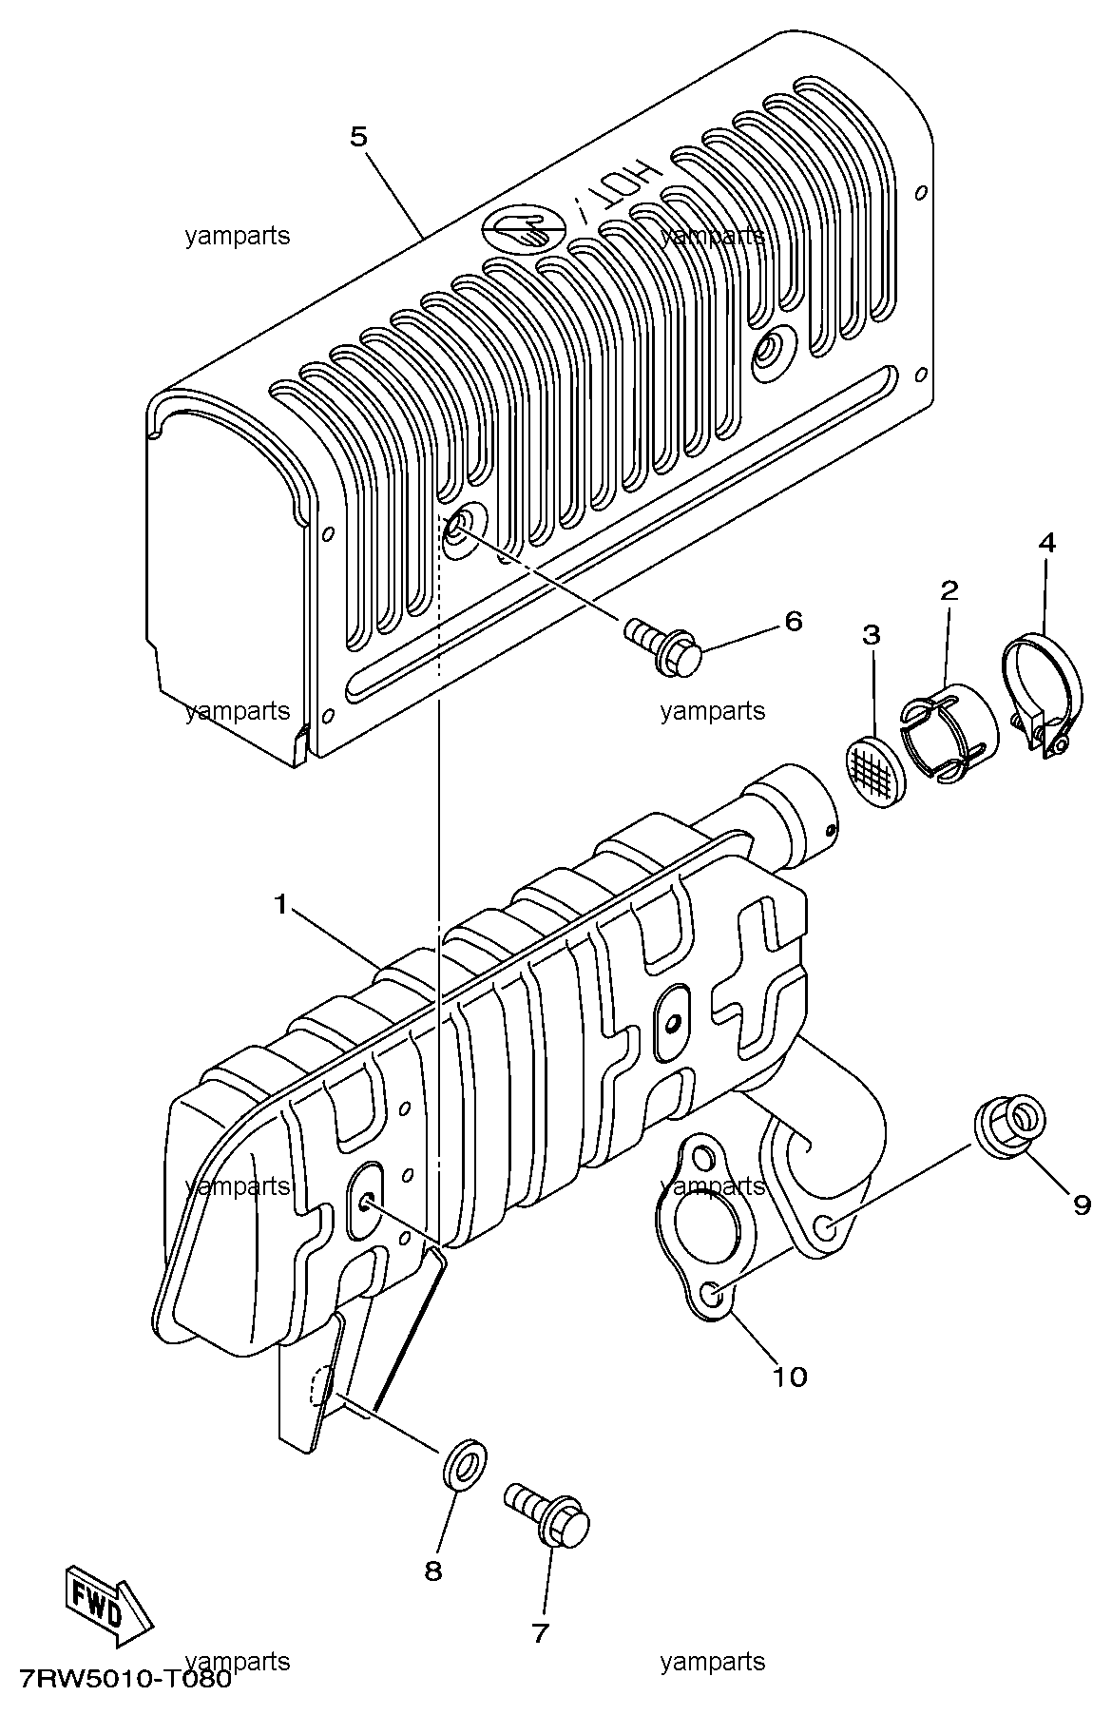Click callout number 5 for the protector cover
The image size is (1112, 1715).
357,137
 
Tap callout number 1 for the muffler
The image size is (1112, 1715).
280,905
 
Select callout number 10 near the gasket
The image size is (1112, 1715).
790,1376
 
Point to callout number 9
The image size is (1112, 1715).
1082,1205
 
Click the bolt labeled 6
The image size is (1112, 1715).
661,646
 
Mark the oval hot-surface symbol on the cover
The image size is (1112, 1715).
524,228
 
